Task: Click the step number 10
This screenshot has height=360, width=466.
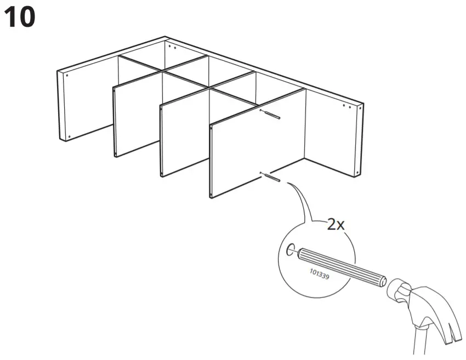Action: pyautogui.click(x=20, y=18)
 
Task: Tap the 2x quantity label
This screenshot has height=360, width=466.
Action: pyautogui.click(x=335, y=225)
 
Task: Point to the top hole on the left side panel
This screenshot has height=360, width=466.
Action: pyautogui.click(x=67, y=76)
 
